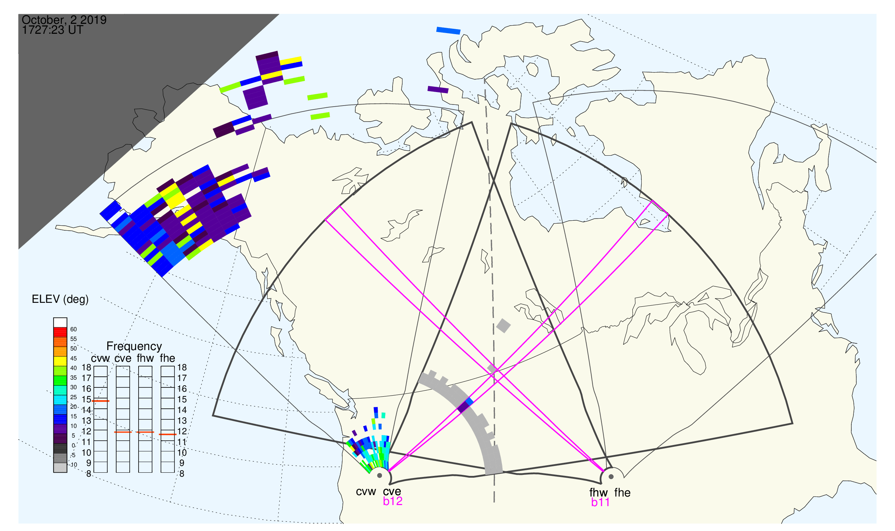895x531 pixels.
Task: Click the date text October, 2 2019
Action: coord(64,20)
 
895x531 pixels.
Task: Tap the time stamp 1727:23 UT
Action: coord(53,30)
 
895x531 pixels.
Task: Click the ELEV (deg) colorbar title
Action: coord(60,299)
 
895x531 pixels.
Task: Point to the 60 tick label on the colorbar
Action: coord(73,329)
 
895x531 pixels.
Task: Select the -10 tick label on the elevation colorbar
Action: coord(73,465)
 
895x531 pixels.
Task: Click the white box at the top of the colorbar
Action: coord(60,322)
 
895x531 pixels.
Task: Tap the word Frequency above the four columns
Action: coord(134,347)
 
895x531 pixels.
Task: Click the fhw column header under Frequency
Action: coord(145,358)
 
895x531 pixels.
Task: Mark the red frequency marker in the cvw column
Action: coord(101,401)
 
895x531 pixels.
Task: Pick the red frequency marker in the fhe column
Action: coord(168,434)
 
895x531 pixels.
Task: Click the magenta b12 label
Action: coord(393,501)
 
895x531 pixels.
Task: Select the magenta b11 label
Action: coord(600,503)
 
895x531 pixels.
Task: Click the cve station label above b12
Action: coord(392,492)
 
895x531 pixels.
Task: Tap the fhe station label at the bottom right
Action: coord(622,493)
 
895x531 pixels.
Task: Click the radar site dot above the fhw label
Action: coord(611,477)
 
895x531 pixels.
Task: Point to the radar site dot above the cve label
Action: coord(379,476)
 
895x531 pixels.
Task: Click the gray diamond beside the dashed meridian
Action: coord(503,326)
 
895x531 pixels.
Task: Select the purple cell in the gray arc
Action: coord(464,407)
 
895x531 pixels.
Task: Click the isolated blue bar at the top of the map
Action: coord(448,31)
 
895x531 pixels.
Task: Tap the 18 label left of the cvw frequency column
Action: coord(87,368)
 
